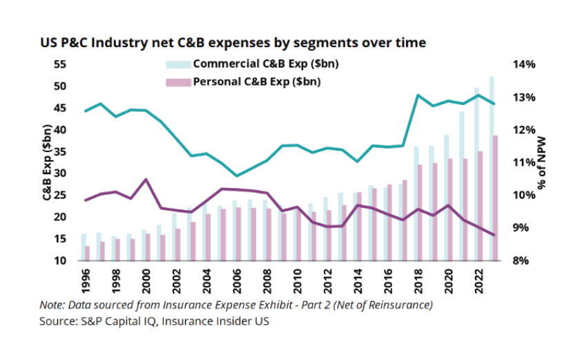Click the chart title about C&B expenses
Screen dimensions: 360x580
(x=233, y=43)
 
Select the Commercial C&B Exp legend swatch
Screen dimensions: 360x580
(x=178, y=64)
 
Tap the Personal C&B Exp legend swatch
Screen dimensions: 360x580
(x=178, y=81)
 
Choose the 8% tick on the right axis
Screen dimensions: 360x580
(x=524, y=260)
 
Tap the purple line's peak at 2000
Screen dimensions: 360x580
(x=146, y=180)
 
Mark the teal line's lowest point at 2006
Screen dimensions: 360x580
(x=237, y=176)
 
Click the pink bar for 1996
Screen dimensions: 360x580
(x=88, y=254)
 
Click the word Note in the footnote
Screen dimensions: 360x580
(x=52, y=305)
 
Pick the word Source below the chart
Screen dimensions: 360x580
(x=56, y=321)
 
